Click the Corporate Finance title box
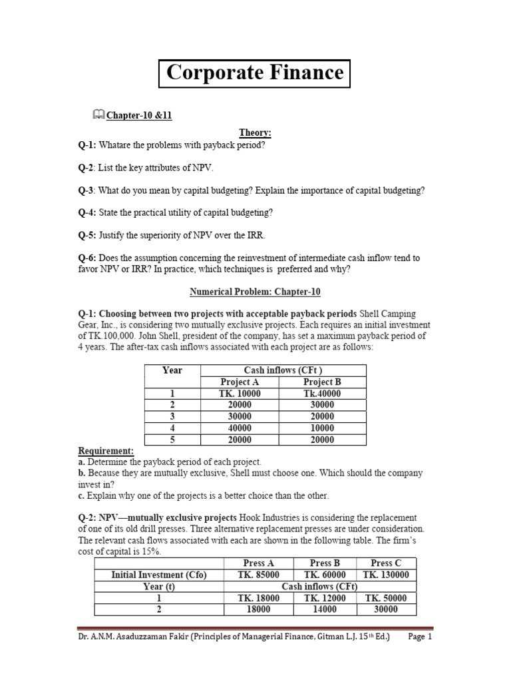click(x=255, y=73)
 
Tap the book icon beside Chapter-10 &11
click(x=98, y=115)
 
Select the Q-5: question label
click(x=87, y=234)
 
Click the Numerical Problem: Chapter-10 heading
click(x=255, y=291)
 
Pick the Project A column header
click(x=240, y=382)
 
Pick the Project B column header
click(x=322, y=382)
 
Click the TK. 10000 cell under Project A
click(x=240, y=394)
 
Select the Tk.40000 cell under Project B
click(x=322, y=394)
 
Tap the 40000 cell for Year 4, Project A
click(x=240, y=428)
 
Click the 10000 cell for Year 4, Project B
click(x=322, y=428)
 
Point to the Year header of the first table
click(x=172, y=370)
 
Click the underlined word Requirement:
click(x=106, y=451)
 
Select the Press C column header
click(x=387, y=563)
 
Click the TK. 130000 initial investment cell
click(x=387, y=575)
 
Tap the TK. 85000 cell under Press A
click(x=259, y=575)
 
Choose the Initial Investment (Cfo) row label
click(x=160, y=575)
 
